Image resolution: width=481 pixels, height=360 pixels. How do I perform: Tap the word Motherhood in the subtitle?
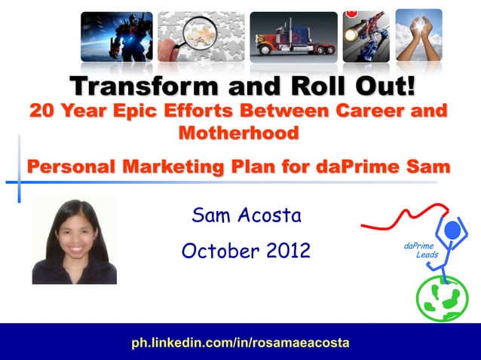pyautogui.click(x=238, y=133)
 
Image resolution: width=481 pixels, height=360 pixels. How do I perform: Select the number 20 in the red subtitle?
pyautogui.click(x=42, y=111)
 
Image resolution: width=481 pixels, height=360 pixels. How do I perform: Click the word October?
pyautogui.click(x=213, y=250)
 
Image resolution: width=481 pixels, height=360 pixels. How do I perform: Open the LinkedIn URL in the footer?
pyautogui.click(x=240, y=342)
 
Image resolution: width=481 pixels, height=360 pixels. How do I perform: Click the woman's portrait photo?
pyautogui.click(x=74, y=240)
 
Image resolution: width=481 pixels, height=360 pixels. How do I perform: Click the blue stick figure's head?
pyautogui.click(x=452, y=229)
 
